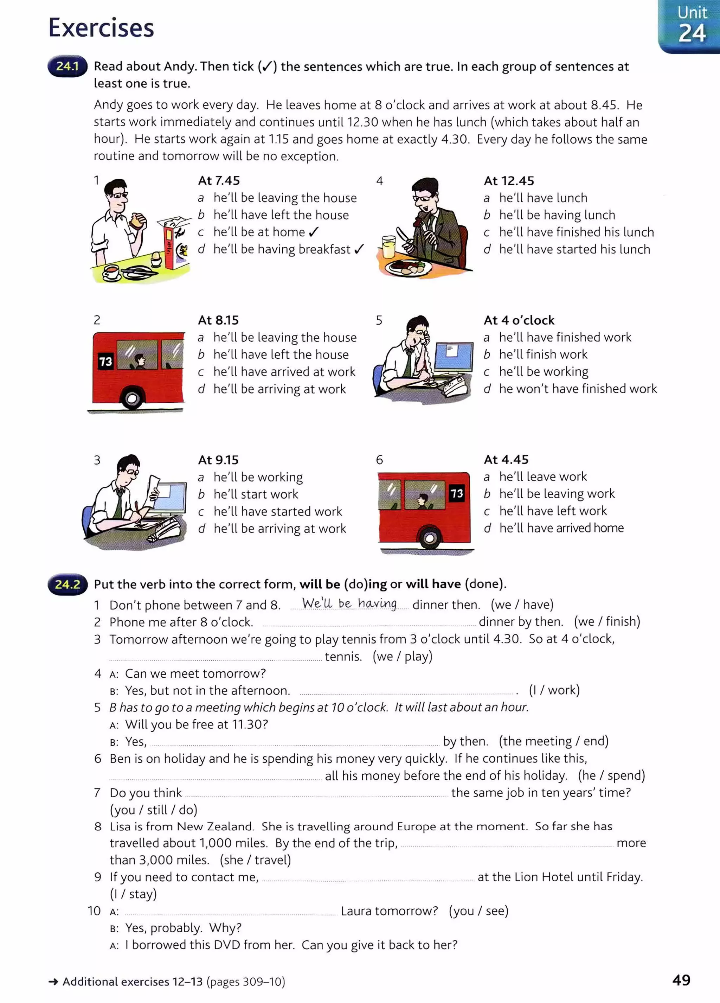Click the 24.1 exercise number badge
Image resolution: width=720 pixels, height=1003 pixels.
[x=67, y=66]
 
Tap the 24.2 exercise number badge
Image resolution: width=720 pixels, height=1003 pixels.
[x=67, y=584]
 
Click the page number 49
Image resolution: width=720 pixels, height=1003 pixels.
[x=681, y=980]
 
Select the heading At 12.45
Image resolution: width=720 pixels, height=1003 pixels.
[x=509, y=180]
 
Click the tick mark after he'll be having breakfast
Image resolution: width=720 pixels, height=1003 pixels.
[x=359, y=249]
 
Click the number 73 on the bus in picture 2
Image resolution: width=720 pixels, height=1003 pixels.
[x=105, y=362]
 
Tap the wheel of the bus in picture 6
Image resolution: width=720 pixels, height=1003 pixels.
[x=429, y=538]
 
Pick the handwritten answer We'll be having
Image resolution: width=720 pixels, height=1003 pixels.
[x=349, y=603]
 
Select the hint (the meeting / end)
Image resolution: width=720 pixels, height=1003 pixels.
[x=553, y=741]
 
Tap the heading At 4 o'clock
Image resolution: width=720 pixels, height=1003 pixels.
[x=519, y=320]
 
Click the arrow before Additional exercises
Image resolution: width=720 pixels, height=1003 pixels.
[x=53, y=982]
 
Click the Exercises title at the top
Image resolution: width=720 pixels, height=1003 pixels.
[x=101, y=27]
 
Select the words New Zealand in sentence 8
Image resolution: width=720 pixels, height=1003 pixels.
[x=215, y=826]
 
